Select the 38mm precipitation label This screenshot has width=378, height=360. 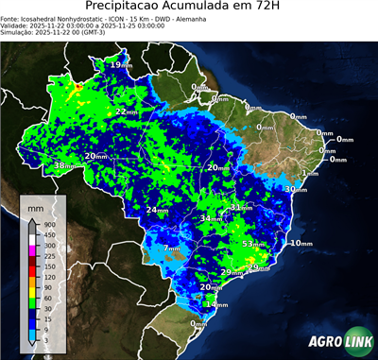click(x=64, y=165)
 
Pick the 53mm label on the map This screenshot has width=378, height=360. click(x=253, y=244)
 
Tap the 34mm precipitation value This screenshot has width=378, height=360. click(x=210, y=218)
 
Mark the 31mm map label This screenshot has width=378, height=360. click(x=242, y=207)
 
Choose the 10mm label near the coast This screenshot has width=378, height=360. click(x=301, y=243)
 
